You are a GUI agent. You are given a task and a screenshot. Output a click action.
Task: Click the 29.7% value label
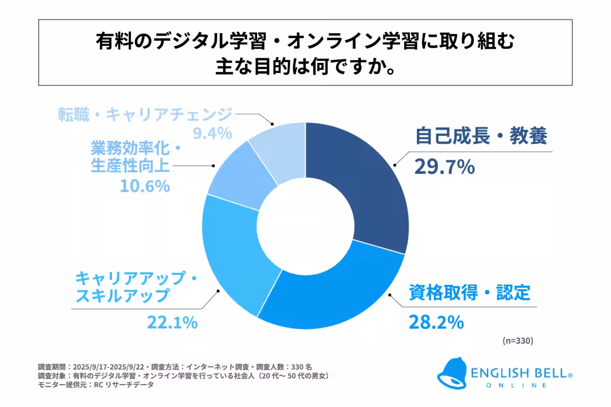[444, 166]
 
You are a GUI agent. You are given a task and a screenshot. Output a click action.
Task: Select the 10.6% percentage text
[145, 186]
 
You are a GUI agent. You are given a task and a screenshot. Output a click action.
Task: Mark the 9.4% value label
[212, 134]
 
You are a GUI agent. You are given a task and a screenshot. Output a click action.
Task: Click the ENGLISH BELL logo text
[524, 373]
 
